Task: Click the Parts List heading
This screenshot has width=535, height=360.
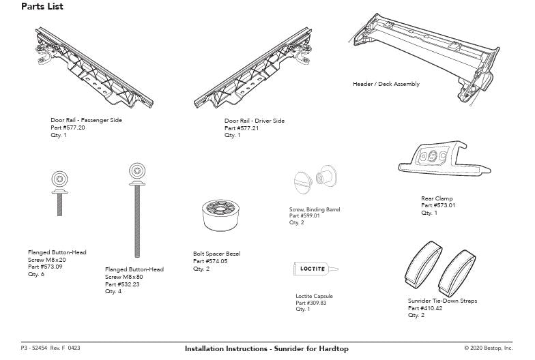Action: (42, 7)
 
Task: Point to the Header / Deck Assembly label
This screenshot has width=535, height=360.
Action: (386, 85)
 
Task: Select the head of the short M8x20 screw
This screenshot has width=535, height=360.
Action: (59, 179)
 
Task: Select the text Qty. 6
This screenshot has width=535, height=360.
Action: (36, 274)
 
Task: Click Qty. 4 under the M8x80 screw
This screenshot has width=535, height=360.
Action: (113, 291)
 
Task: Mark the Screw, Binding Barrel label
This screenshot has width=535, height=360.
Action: (315, 209)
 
